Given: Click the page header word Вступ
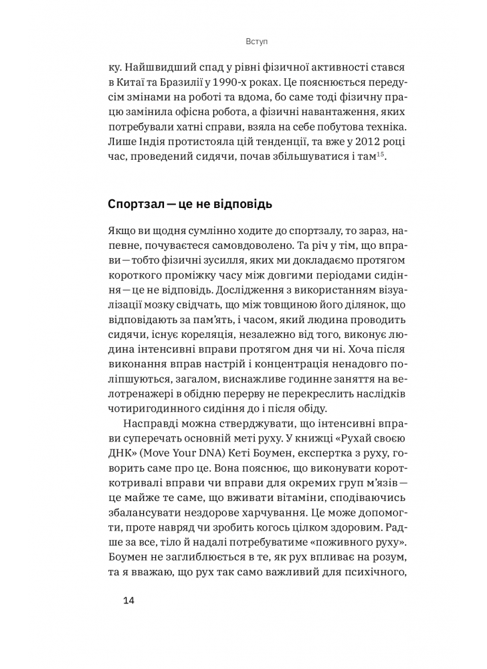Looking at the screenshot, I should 257,41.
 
